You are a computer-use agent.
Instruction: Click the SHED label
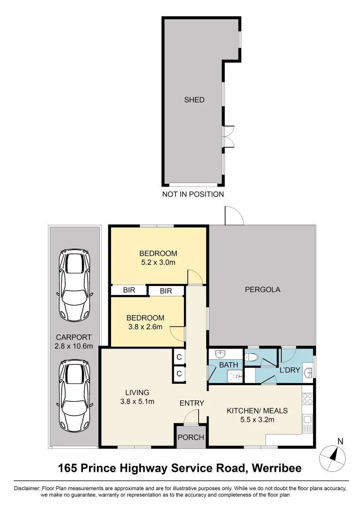click(194, 100)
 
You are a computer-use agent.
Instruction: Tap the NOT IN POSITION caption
click(193, 194)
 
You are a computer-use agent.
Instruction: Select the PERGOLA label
click(263, 289)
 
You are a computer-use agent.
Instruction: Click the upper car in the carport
click(74, 285)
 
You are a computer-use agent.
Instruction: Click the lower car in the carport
click(74, 396)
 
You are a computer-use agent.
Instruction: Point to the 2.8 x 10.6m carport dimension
click(74, 346)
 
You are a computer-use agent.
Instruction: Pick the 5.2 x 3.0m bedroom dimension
click(158, 262)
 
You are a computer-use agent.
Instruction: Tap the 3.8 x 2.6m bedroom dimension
click(145, 327)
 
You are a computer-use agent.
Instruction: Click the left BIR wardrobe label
click(129, 290)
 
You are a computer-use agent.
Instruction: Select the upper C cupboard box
click(179, 357)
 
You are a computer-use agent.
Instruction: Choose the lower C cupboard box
click(179, 374)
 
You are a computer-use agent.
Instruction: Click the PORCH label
click(191, 437)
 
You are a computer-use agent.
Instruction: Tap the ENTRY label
click(192, 403)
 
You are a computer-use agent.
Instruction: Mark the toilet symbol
click(252, 357)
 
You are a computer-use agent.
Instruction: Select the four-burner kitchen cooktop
click(307, 399)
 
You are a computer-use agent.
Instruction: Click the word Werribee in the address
click(277, 468)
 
